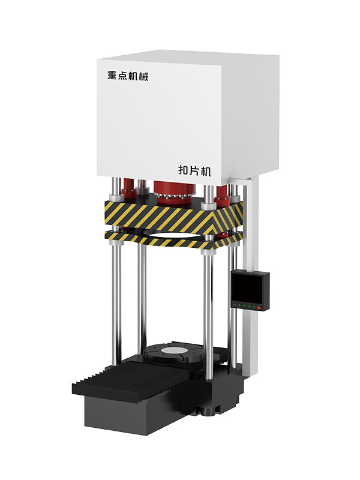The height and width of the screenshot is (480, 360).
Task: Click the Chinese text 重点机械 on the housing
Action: (128, 76)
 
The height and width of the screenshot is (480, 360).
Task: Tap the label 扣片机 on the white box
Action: (194, 170)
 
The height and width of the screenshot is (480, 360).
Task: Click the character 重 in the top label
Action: (112, 76)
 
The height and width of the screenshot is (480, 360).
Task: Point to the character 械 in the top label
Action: (143, 76)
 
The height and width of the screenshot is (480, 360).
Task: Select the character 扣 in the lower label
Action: (184, 170)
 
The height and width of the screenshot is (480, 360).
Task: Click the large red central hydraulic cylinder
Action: (173, 192)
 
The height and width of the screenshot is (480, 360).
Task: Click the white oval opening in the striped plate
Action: (172, 235)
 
